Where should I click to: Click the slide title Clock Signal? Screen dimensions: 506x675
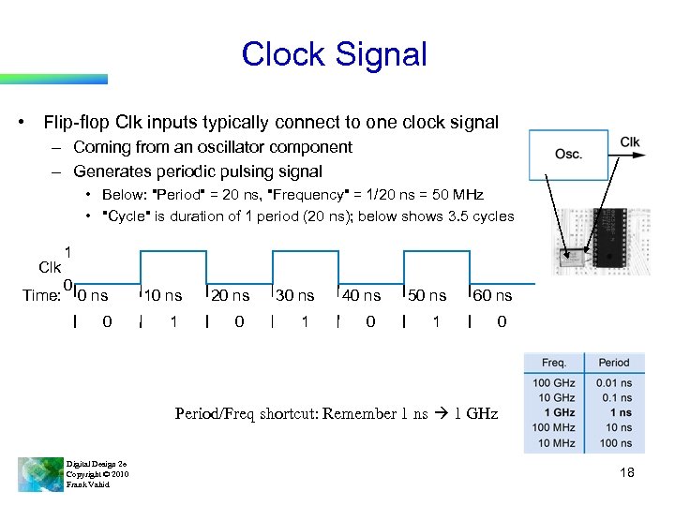[x=334, y=54]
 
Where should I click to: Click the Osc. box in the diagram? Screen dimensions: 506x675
[x=567, y=153]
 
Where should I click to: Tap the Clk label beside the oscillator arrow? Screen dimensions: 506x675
[x=630, y=142]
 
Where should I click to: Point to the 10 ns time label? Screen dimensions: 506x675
[x=164, y=296]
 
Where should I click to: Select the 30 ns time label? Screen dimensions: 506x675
[x=295, y=296]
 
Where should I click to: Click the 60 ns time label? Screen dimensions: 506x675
[x=492, y=296]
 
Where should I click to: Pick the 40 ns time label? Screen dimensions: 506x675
[x=361, y=296]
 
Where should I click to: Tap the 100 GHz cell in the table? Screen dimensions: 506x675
[x=554, y=382]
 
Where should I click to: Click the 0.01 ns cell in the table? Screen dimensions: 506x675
[x=613, y=382]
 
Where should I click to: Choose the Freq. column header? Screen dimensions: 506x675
[x=554, y=363]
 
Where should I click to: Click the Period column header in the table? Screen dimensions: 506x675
[x=613, y=363]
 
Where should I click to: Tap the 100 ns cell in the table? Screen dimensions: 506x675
[x=614, y=442]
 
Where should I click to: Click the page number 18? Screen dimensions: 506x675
[x=627, y=473]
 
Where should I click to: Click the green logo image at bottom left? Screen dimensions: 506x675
[x=39, y=474]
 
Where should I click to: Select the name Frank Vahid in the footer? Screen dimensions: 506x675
[x=88, y=484]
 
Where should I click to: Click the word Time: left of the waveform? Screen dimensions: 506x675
[x=41, y=296]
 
